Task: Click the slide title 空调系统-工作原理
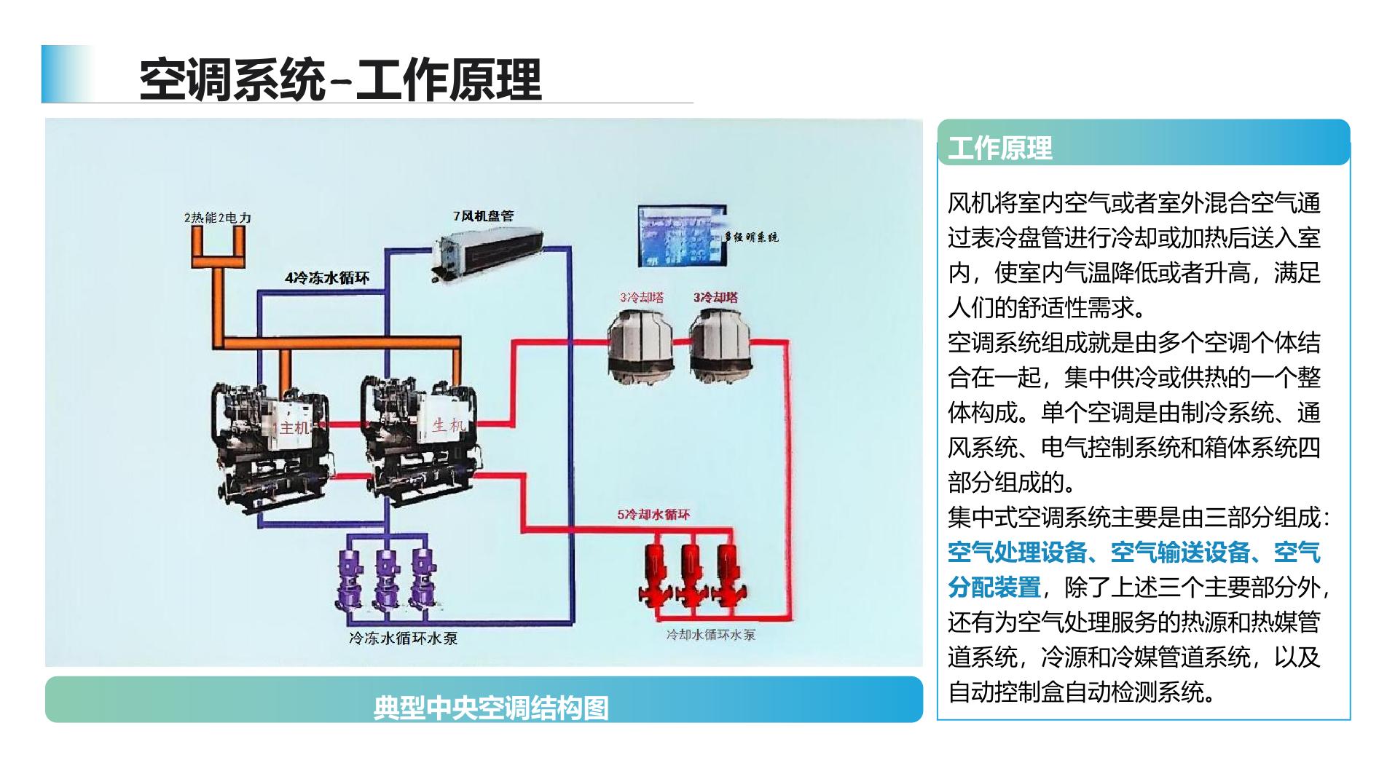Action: point(340,79)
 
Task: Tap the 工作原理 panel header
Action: point(999,149)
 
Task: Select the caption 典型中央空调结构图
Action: point(490,707)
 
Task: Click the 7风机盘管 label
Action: point(483,216)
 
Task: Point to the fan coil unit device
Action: point(487,251)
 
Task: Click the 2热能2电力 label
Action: point(217,218)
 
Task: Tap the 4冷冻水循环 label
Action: point(327,277)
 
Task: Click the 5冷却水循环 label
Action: point(653,515)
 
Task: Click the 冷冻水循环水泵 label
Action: point(404,638)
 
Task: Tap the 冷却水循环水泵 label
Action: point(710,635)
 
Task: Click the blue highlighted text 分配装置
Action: point(994,587)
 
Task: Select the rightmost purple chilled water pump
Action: point(423,579)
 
